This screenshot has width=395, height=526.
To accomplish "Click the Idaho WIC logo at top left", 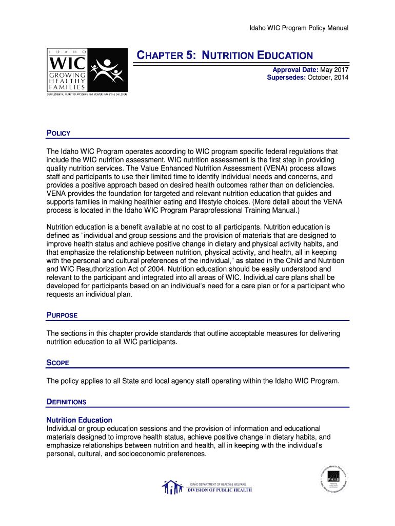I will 87,71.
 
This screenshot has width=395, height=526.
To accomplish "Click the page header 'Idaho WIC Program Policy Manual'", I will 299,28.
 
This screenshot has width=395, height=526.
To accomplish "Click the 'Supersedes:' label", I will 286,78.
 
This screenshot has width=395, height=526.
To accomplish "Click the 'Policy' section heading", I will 58,134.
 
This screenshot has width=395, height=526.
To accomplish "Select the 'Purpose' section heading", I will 62,315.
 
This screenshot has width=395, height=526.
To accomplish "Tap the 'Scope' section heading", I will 58,363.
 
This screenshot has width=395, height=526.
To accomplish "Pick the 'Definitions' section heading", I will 67,402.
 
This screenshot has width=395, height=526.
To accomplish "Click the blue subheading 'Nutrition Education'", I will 80,420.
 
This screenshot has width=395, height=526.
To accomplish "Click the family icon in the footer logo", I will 172,487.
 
